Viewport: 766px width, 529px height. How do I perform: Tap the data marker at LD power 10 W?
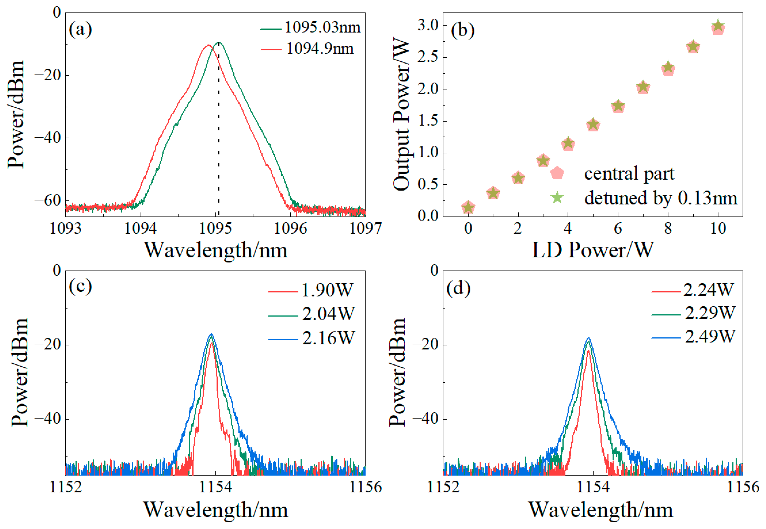(x=718, y=27)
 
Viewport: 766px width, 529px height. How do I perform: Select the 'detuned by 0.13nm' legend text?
(x=661, y=198)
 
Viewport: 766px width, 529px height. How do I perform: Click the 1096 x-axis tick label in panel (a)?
(x=290, y=228)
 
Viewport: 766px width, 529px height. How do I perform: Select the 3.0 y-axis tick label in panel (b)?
(x=428, y=25)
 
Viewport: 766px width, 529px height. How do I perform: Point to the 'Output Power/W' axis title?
(x=401, y=115)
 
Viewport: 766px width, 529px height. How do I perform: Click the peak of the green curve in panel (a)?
(x=218, y=42)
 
